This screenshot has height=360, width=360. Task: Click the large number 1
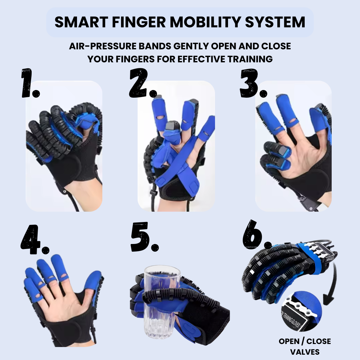(30, 83)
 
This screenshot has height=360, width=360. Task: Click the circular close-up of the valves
(302, 312)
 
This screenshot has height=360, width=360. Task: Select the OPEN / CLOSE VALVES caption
(305, 346)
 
